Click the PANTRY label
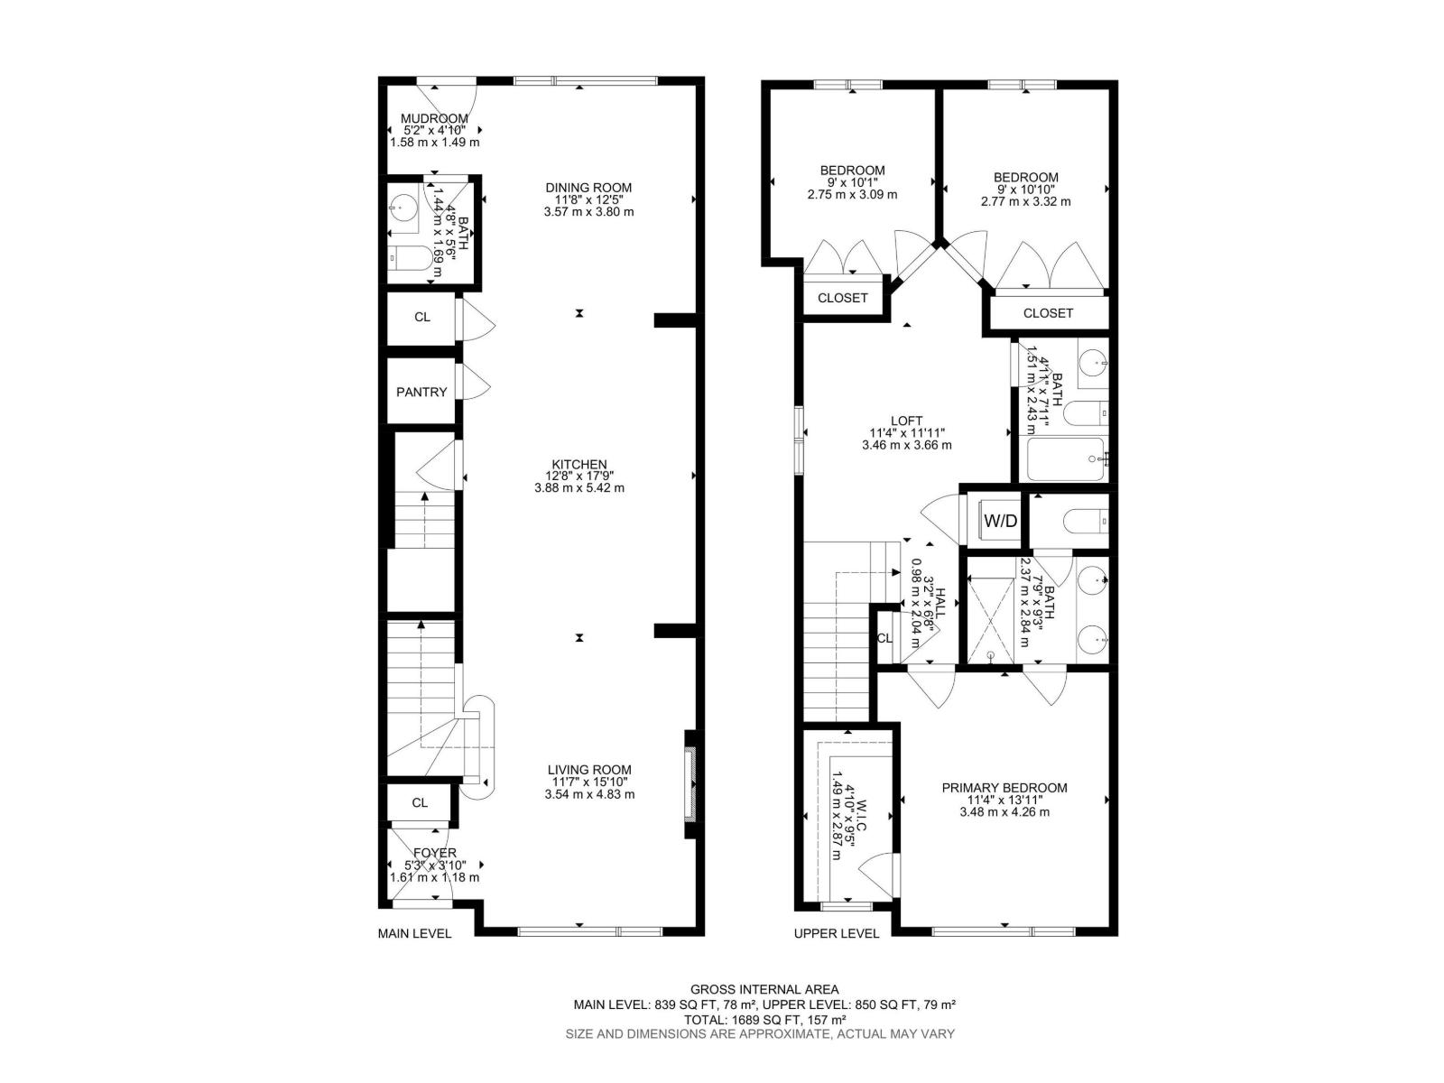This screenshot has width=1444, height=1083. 421,392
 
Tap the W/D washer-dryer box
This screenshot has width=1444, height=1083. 1000,521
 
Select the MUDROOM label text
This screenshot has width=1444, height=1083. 434,118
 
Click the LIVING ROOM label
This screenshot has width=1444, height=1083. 589,770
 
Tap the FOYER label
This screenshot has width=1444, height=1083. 434,852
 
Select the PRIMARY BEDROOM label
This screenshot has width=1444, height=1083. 1004,788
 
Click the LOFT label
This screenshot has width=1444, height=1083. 906,421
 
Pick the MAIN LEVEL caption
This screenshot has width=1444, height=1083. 414,933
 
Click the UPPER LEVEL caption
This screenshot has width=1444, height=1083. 836,933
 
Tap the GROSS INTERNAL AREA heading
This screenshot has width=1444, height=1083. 764,989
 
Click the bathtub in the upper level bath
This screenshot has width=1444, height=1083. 1065,458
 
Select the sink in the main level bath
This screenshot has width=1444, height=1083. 404,208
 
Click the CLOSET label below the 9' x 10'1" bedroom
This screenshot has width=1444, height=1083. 842,298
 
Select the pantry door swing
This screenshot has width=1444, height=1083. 475,383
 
